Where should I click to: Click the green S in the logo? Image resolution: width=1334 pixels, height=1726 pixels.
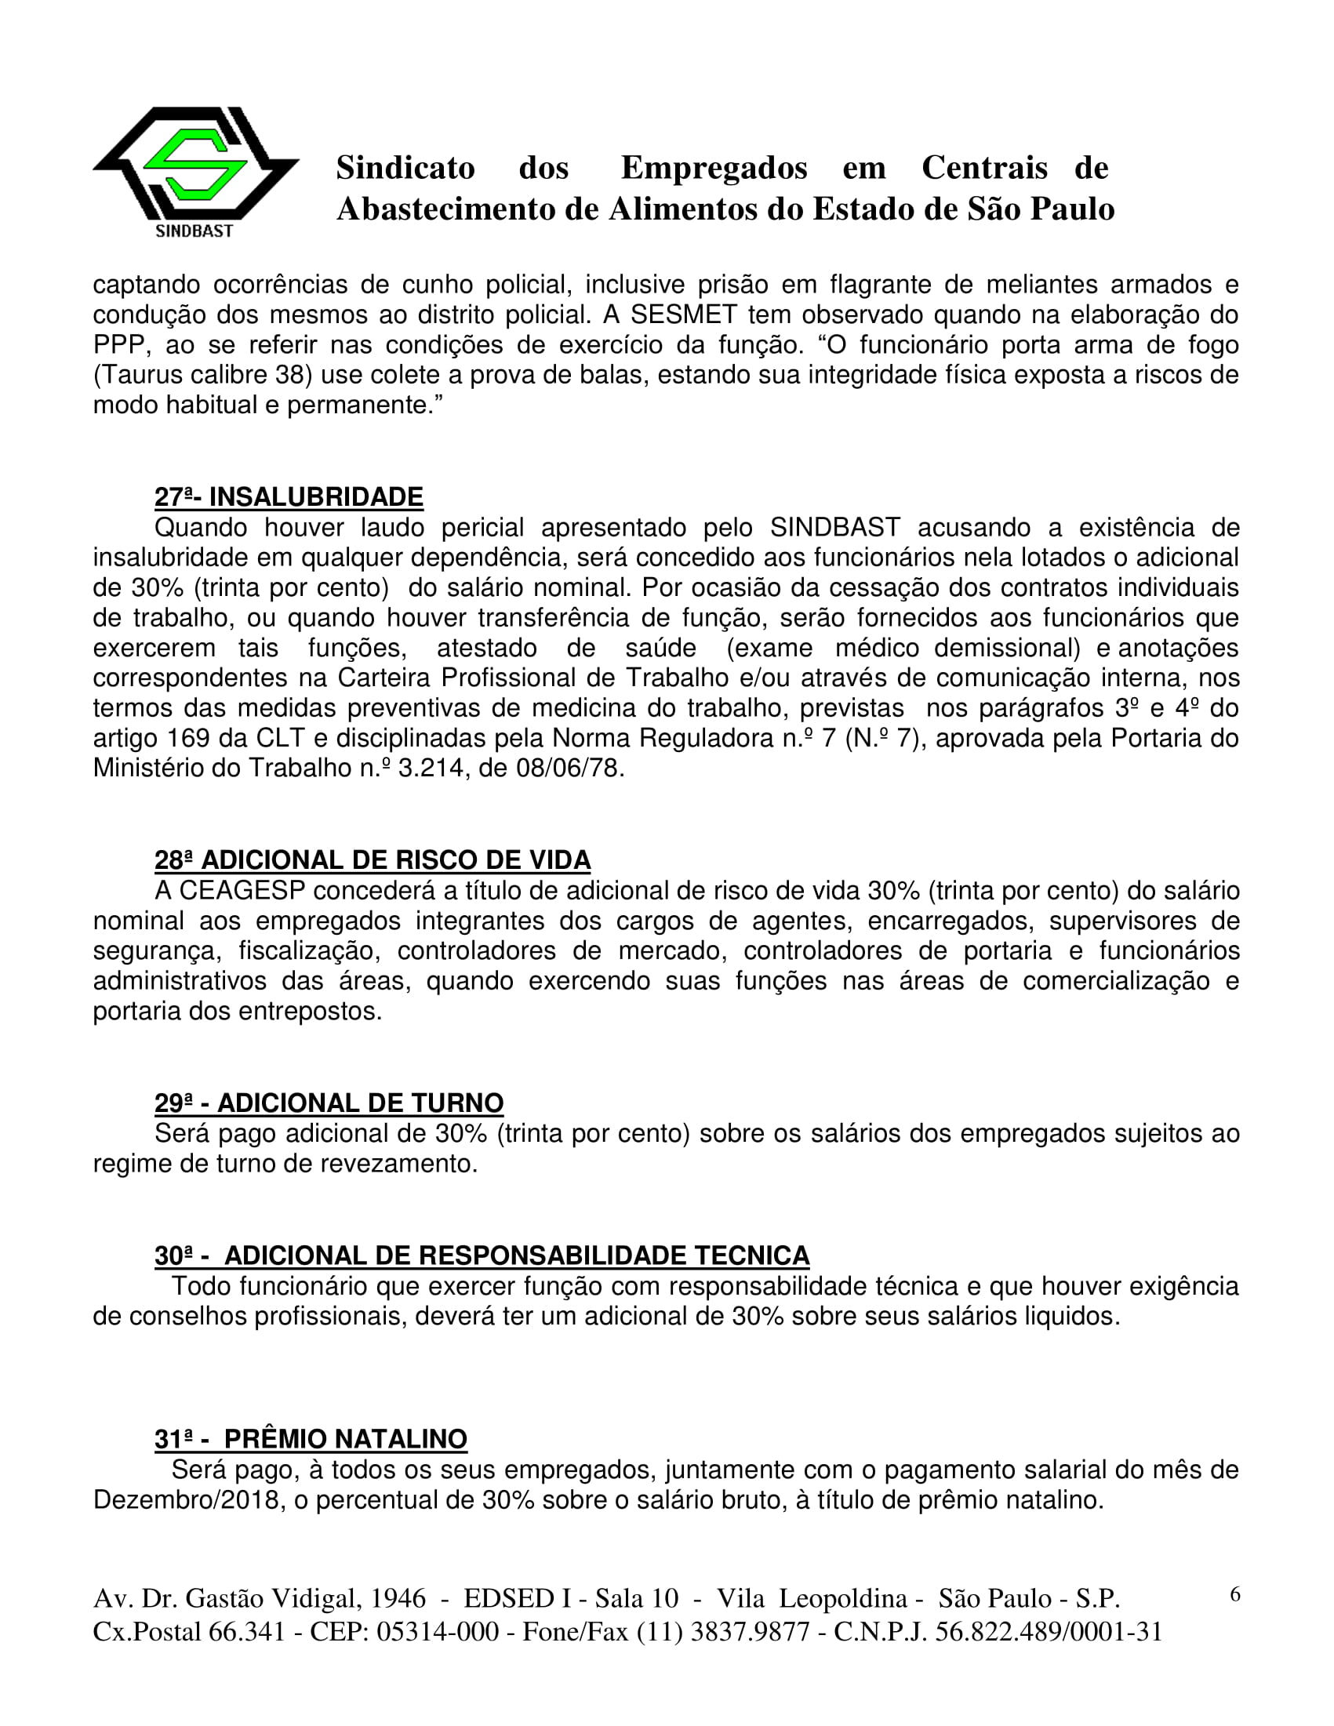[x=194, y=164]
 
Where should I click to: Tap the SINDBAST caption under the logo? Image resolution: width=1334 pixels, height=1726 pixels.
[x=194, y=231]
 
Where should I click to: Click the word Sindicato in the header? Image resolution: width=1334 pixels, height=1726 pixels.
[x=405, y=169]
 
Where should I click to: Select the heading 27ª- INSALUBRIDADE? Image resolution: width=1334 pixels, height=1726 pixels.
[x=289, y=497]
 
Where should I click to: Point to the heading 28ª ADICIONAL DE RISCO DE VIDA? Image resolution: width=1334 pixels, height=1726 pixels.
[x=373, y=859]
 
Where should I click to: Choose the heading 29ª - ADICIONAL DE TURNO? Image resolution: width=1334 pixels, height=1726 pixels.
[x=329, y=1103]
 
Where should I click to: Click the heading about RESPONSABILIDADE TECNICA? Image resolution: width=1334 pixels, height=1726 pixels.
[x=482, y=1255]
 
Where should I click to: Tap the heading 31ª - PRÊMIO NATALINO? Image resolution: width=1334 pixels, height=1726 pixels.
[x=311, y=1439]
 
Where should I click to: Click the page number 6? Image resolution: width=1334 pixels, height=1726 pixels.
[x=1235, y=1594]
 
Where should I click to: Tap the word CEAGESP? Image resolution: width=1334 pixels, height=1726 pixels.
[x=242, y=891]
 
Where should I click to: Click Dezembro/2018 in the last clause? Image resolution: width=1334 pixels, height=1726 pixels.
[x=189, y=1500]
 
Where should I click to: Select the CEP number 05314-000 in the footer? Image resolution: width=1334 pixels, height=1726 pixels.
[x=438, y=1631]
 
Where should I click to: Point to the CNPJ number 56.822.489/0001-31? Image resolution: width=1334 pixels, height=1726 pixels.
[x=1049, y=1631]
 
